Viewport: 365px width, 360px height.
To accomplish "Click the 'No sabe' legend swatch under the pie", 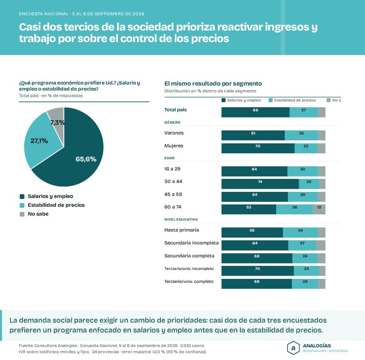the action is pyautogui.click(x=22, y=214).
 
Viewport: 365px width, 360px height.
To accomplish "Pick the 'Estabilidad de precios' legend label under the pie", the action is pyautogui.click(x=56, y=205).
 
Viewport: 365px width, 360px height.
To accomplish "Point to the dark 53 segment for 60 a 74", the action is pyautogui.click(x=249, y=209).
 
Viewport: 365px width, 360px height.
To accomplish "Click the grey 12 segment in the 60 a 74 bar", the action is pyautogui.click(x=319, y=209).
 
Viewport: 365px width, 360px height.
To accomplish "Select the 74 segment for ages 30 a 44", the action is pyautogui.click(x=260, y=184).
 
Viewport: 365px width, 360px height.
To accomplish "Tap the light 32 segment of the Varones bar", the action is pyautogui.click(x=301, y=135).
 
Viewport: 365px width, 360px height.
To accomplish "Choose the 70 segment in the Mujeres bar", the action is pyautogui.click(x=258, y=148).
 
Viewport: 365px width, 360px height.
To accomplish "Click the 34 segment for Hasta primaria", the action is pyautogui.click(x=300, y=233).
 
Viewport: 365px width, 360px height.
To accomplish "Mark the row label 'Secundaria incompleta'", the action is pyautogui.click(x=191, y=243).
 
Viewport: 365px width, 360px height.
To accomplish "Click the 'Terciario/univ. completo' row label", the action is pyautogui.click(x=189, y=282).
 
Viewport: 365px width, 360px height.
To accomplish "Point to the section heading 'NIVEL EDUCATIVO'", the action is pyautogui.click(x=181, y=219).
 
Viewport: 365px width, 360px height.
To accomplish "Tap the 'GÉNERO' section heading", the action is pyautogui.click(x=172, y=122).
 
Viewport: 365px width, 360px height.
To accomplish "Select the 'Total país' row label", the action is pyautogui.click(x=175, y=109).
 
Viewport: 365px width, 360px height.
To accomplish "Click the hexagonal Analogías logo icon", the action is pyautogui.click(x=293, y=348).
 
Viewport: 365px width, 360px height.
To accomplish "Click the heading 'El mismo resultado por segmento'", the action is pyautogui.click(x=213, y=83).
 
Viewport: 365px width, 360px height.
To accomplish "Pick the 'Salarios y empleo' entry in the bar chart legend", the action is pyautogui.click(x=241, y=100).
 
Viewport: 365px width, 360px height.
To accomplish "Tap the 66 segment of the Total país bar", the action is pyautogui.click(x=255, y=112).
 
